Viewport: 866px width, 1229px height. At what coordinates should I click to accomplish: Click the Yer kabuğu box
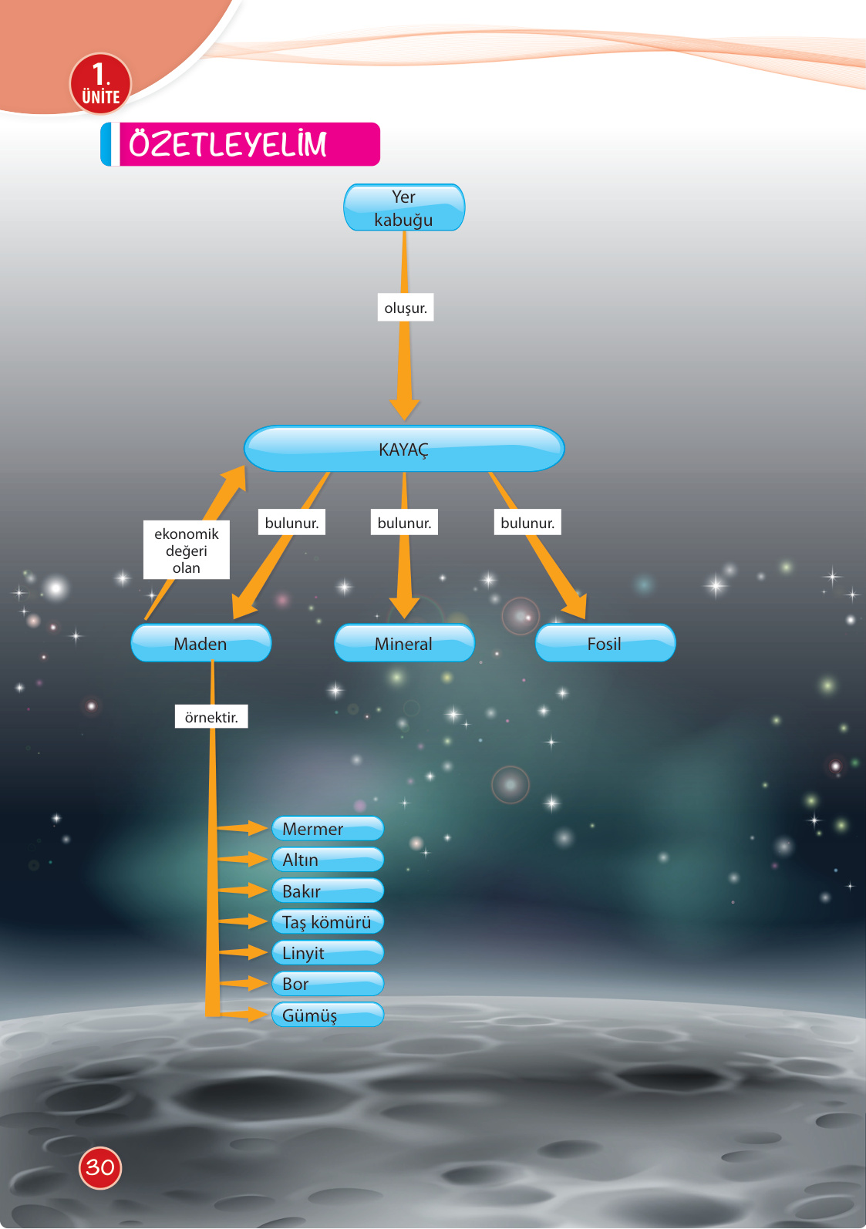coord(404,207)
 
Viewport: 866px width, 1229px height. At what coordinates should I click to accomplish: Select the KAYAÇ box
coord(404,449)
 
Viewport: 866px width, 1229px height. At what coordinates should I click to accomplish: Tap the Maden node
coord(200,643)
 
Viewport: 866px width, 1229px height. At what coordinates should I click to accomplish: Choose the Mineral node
coord(404,643)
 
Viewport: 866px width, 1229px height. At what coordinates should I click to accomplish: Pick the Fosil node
coord(605,643)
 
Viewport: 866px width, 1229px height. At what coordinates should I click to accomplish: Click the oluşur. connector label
coord(406,308)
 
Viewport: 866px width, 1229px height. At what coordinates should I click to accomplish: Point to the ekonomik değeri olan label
coord(187,551)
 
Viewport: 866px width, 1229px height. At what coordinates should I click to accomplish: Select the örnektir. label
coord(211,717)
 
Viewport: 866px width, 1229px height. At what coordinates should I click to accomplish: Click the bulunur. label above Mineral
coord(404,523)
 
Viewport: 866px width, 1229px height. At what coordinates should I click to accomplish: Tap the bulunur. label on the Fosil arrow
coord(527,523)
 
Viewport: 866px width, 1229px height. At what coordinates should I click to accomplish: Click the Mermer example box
coord(328,829)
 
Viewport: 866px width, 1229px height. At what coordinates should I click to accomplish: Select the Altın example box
coord(328,860)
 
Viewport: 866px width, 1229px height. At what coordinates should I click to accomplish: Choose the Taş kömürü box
coord(328,922)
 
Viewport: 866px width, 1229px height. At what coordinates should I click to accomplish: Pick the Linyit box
coord(328,953)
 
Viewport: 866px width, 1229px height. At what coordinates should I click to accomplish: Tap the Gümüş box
coord(328,1015)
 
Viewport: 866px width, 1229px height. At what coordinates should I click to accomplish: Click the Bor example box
coord(328,984)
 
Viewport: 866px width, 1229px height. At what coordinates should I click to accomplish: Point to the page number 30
coord(100,1167)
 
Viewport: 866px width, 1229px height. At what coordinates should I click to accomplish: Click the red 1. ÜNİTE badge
coord(100,83)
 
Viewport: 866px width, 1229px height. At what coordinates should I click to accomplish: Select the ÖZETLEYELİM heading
coord(241,144)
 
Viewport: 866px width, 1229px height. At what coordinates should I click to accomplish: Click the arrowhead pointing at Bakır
coord(258,891)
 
